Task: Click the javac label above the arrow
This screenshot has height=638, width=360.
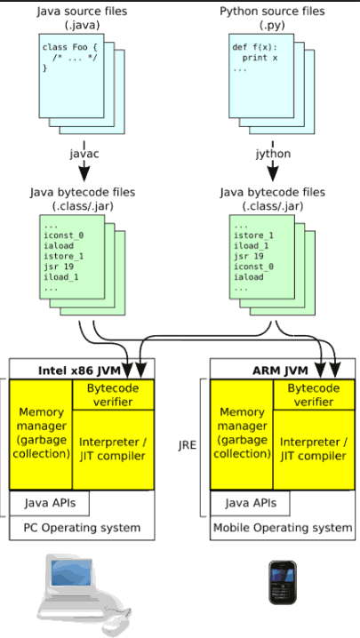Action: click(84, 155)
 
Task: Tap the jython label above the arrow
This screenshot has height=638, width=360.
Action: click(272, 154)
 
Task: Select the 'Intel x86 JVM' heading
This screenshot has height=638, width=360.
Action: click(79, 371)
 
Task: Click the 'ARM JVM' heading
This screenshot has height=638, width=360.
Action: click(280, 371)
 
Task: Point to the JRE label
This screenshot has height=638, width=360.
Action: click(188, 445)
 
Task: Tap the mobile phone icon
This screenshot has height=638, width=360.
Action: click(282, 582)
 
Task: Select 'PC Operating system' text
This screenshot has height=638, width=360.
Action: click(82, 528)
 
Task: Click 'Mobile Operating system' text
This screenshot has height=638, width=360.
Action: click(283, 528)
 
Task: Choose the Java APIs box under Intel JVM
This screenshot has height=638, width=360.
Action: click(49, 503)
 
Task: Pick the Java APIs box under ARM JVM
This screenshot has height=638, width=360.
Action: click(250, 503)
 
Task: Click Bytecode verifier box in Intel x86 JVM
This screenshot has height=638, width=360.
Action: click(113, 395)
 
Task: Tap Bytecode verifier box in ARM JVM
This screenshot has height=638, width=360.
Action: click(314, 395)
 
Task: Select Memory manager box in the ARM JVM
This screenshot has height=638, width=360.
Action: click(242, 435)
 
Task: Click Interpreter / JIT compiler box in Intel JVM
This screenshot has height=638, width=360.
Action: click(113, 450)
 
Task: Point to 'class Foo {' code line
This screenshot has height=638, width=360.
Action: click(70, 48)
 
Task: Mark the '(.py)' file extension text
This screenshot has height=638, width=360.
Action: click(272, 25)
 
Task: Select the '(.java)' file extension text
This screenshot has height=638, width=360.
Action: click(82, 25)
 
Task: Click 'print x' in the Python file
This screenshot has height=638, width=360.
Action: click(260, 58)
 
